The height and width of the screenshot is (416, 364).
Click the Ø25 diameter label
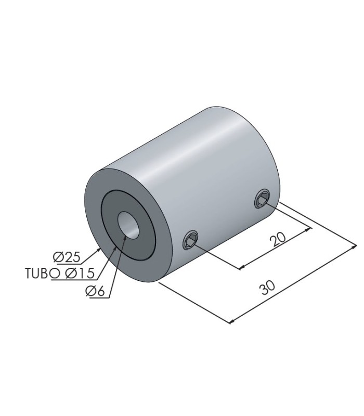67,257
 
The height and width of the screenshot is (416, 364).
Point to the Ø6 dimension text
95,291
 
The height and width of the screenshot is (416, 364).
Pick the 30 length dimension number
268,287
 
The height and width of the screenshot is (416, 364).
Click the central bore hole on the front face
128,225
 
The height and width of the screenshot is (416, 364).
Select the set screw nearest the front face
190,239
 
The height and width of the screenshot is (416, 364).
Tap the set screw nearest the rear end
263,199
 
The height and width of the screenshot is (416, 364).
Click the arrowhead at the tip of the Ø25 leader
99,250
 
